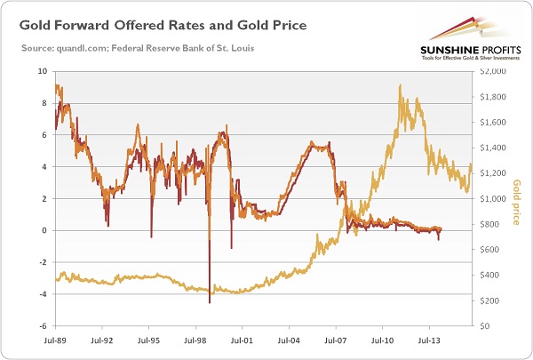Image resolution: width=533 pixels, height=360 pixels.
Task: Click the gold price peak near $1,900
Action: click(x=401, y=85)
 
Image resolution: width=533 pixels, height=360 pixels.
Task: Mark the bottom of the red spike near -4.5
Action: click(x=210, y=303)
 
